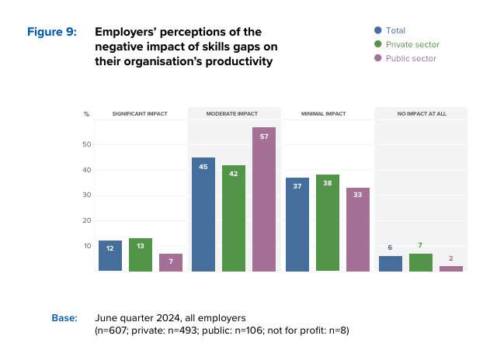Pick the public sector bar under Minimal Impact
point(358,230)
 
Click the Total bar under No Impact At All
point(391,264)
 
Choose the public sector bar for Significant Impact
point(171,262)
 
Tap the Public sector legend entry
point(404,58)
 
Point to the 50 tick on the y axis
point(88,144)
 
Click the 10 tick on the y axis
point(88,246)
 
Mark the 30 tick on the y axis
point(88,196)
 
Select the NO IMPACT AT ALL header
point(421,113)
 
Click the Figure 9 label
point(52,32)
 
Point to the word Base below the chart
point(64,317)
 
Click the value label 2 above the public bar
point(451,258)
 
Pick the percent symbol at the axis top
point(87,114)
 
